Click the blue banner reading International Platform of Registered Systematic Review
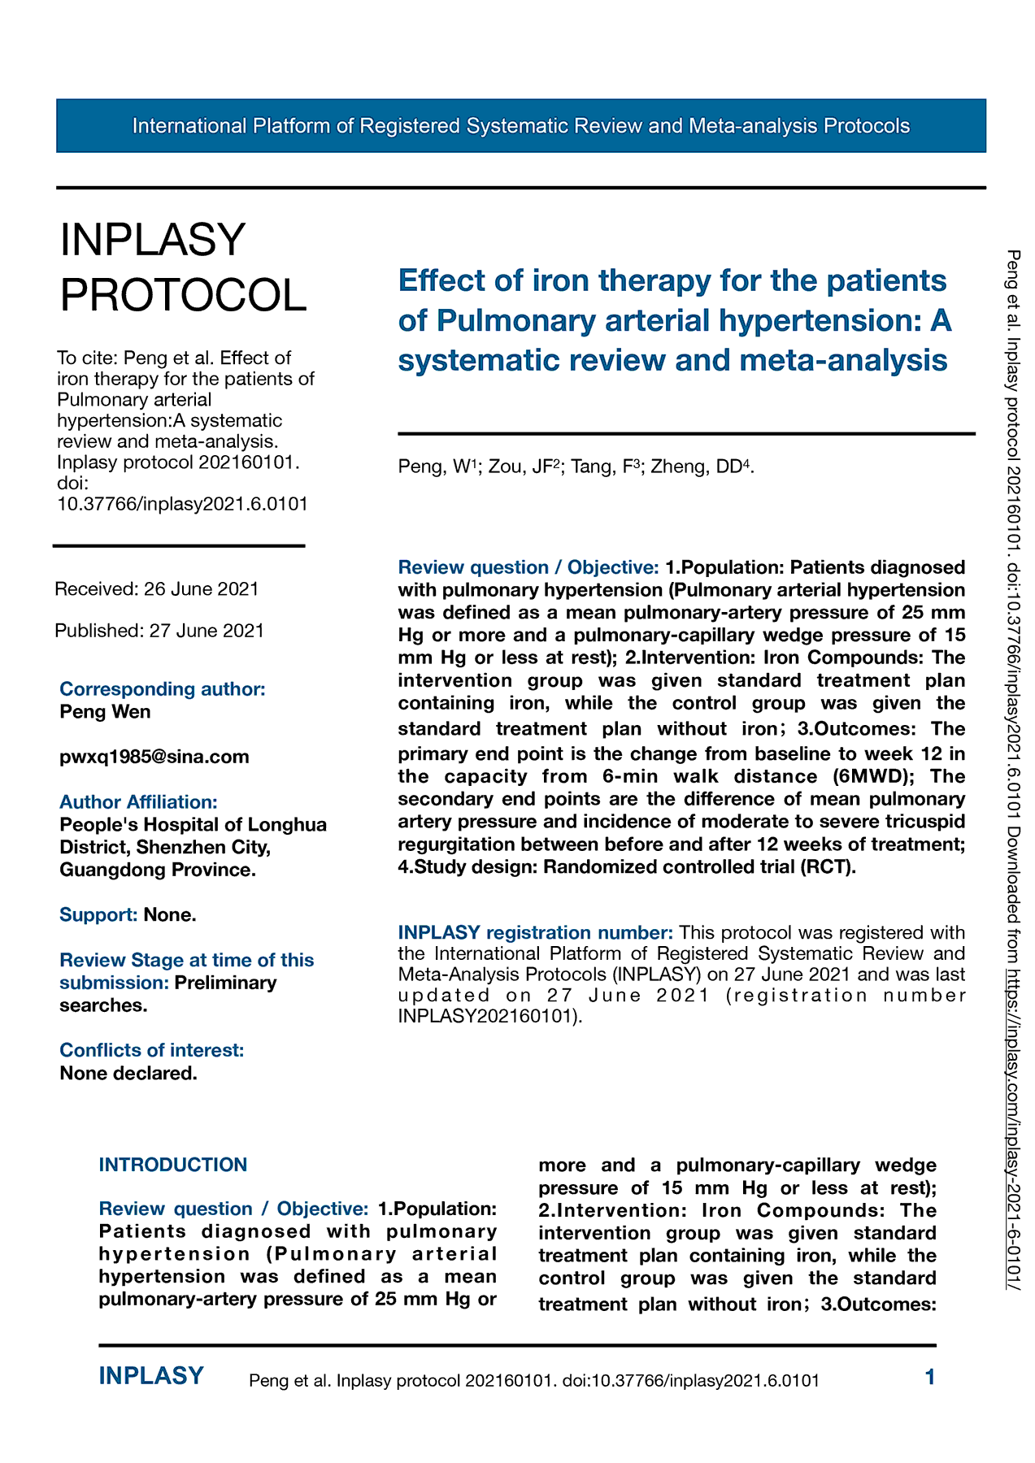(520, 126)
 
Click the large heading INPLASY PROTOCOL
(183, 267)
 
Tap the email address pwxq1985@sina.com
(154, 757)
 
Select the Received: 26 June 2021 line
(157, 588)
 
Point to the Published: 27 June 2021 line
(159, 631)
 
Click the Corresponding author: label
(163, 689)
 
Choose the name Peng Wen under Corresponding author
(105, 712)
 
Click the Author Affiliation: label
(138, 802)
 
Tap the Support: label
(98, 915)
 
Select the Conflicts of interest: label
(152, 1050)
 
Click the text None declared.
(128, 1073)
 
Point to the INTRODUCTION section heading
(172, 1165)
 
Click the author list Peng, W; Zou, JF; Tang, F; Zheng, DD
(576, 467)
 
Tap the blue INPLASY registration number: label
(535, 932)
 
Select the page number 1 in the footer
(930, 1377)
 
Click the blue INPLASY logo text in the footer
(151, 1376)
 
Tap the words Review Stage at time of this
(187, 960)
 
